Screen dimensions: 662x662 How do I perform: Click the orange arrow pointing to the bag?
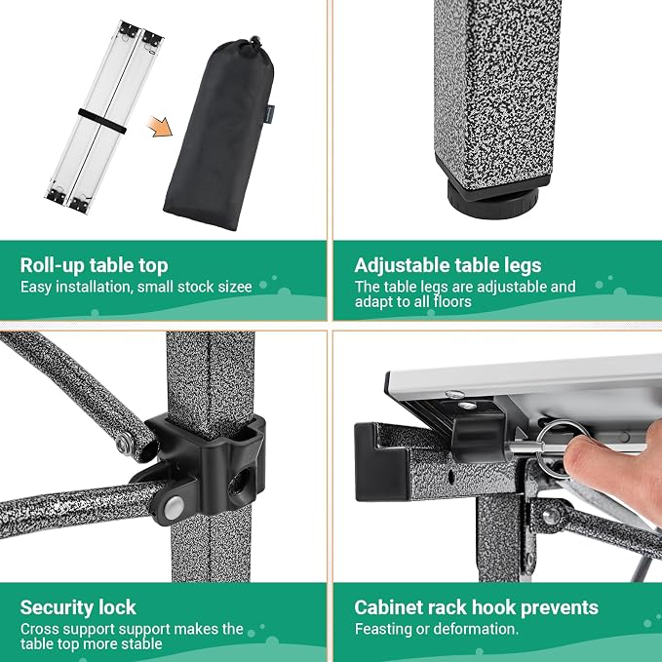(161, 127)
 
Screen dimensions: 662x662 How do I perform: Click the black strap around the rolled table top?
(102, 121)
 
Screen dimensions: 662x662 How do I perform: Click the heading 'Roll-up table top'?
(95, 265)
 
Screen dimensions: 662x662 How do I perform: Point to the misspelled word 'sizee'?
(235, 287)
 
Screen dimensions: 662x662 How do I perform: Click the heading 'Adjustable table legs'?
(448, 265)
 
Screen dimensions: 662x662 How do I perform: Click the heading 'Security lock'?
(78, 607)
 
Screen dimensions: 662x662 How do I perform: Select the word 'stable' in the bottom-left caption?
(141, 644)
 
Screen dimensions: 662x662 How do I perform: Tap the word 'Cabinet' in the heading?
(388, 607)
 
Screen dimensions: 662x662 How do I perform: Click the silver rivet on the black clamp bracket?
(174, 508)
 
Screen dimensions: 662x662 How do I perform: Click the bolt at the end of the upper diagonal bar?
(123, 444)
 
